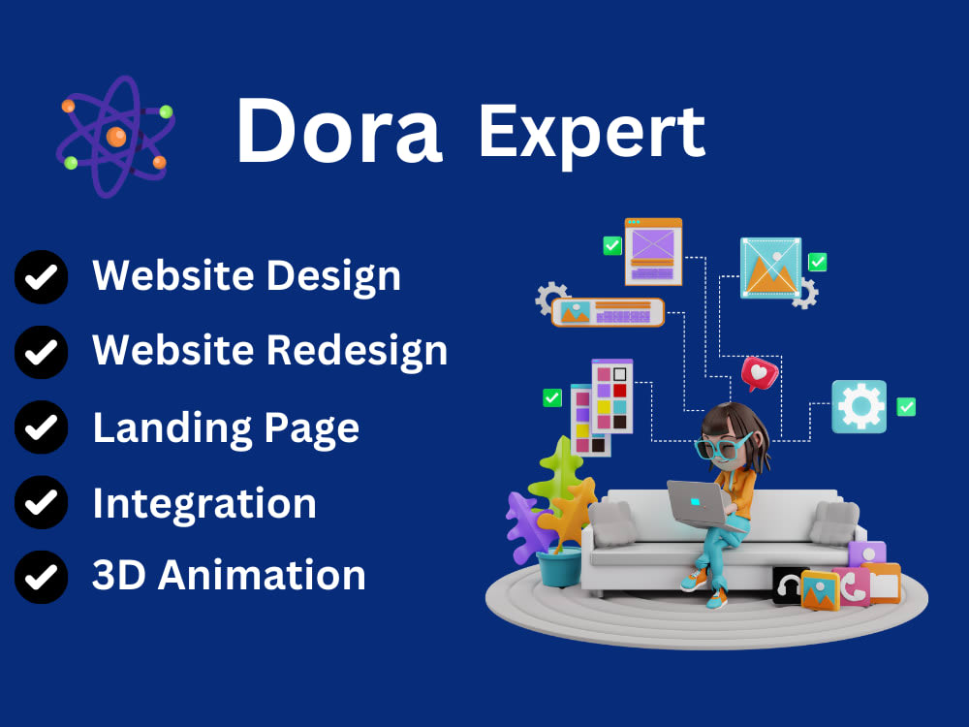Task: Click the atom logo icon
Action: coord(114,136)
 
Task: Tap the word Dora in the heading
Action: coord(338,131)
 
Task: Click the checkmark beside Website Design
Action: coord(41,277)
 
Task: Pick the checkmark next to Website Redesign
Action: coord(41,352)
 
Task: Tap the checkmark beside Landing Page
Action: coord(41,427)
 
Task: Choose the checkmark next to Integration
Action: coord(41,502)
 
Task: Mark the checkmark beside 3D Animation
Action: coord(41,577)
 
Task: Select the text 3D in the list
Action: coord(119,576)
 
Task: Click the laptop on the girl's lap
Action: coord(698,501)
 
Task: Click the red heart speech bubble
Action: coord(759,373)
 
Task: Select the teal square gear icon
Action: coord(859,406)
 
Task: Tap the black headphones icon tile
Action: coord(789,585)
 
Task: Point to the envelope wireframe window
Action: coord(653,250)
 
